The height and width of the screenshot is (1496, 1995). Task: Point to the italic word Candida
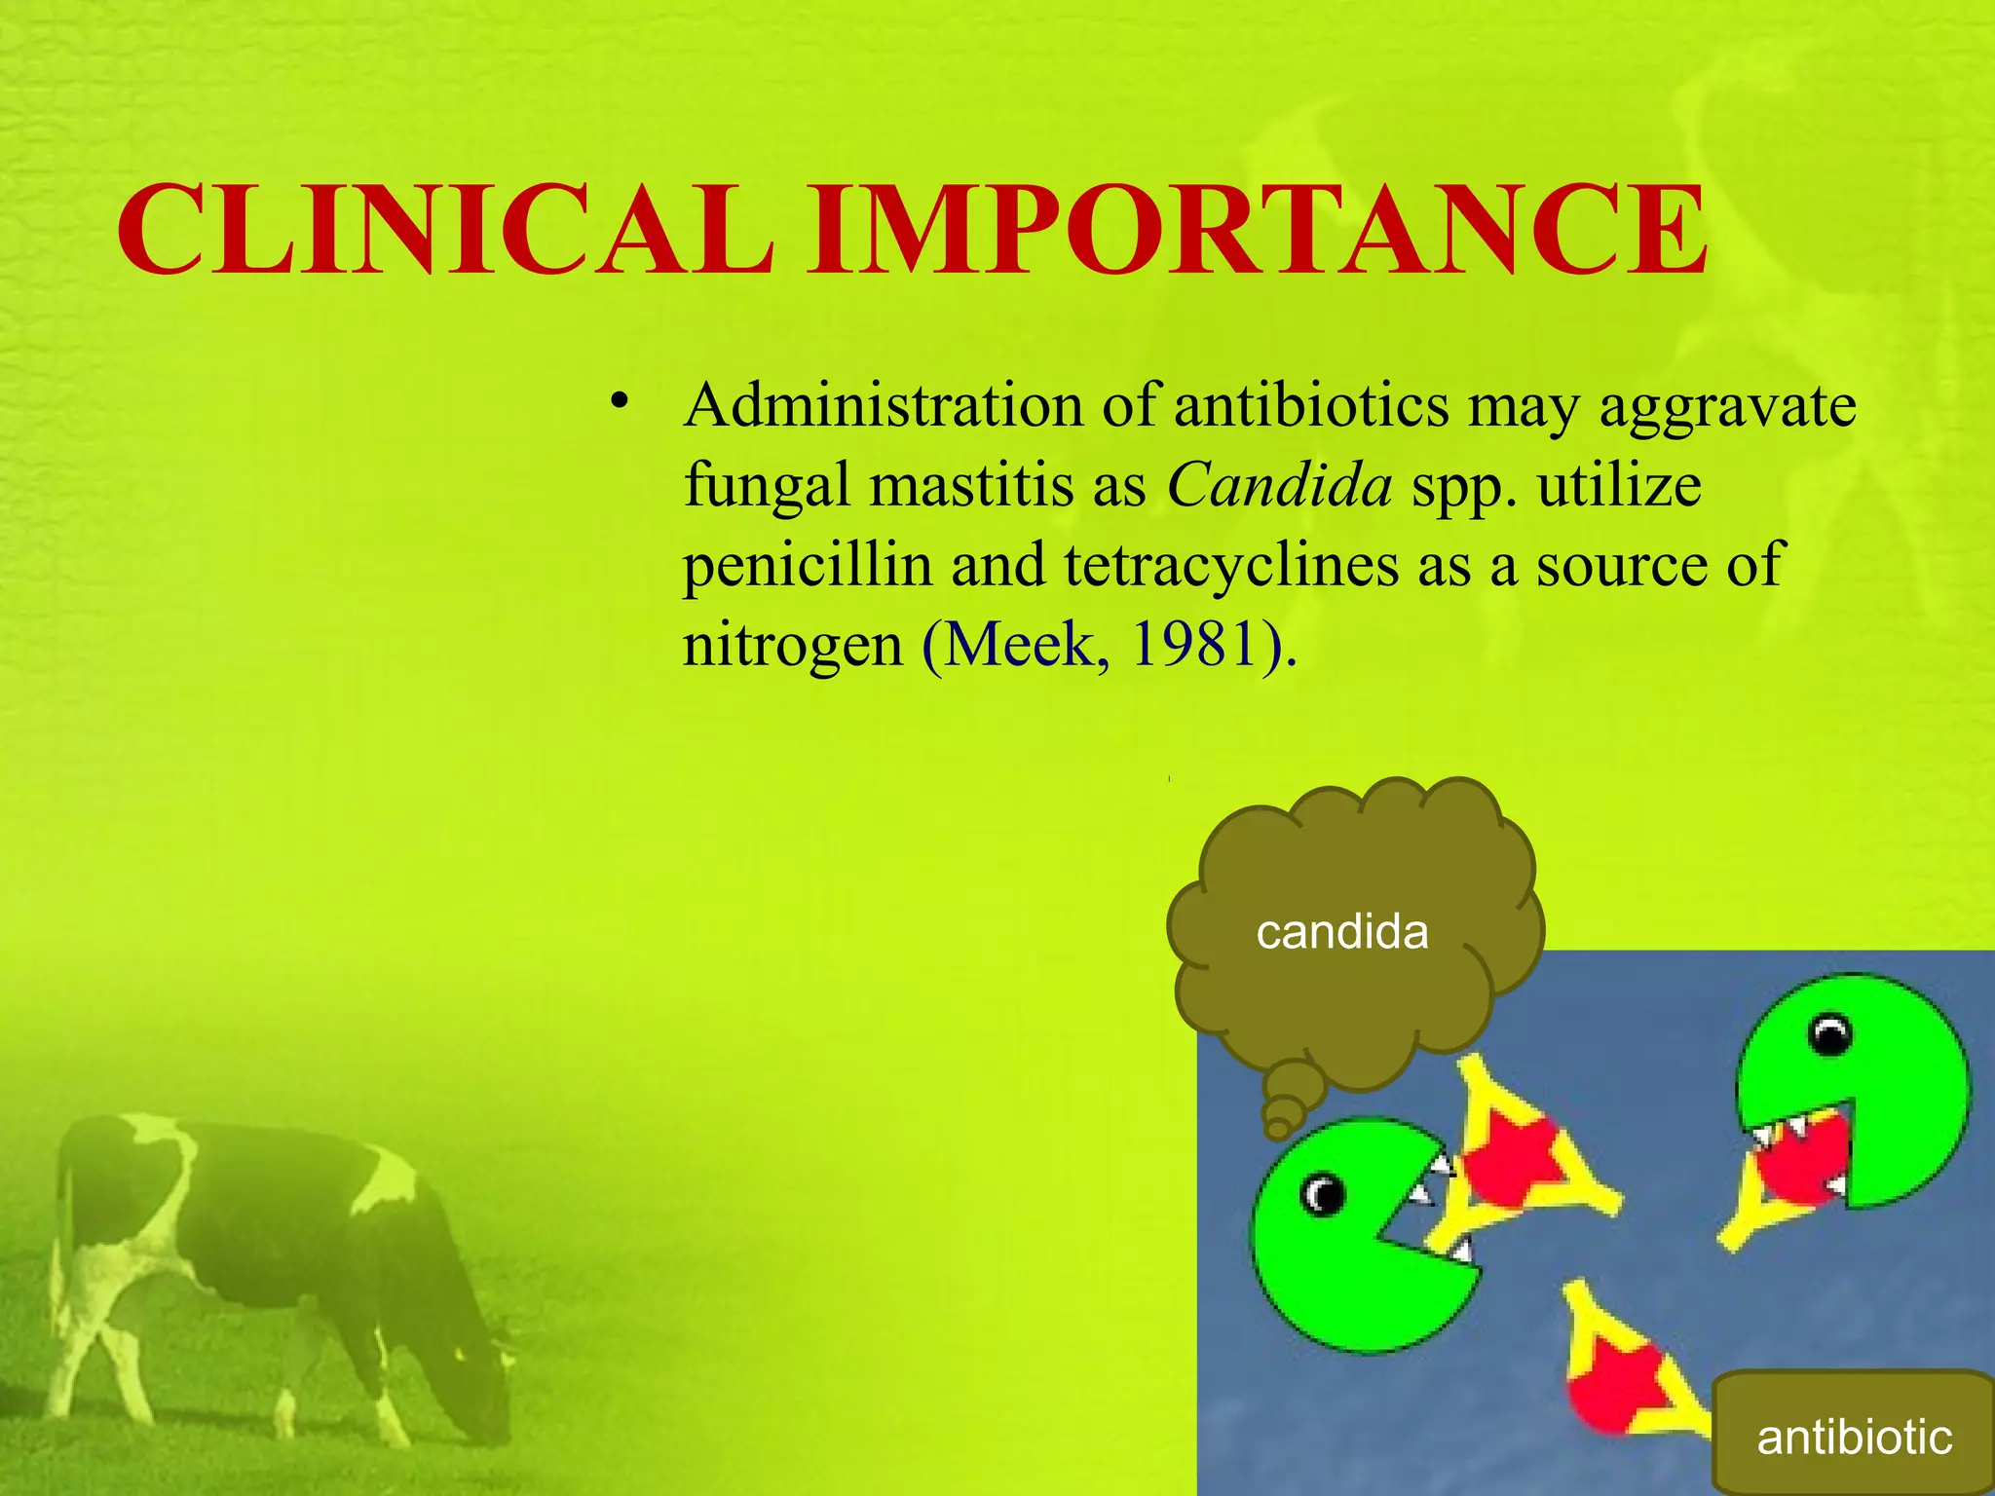pos(1280,485)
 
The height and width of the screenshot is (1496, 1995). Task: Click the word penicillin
pos(808,565)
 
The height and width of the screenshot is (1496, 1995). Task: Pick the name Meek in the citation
pos(1019,645)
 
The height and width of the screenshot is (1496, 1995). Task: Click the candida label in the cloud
pos(1342,932)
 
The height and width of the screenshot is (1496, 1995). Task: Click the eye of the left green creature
pos(1324,1193)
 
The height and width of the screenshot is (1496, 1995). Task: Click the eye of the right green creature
pos(1830,1034)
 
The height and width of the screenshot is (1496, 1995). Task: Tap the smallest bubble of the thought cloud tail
pos(1277,1128)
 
